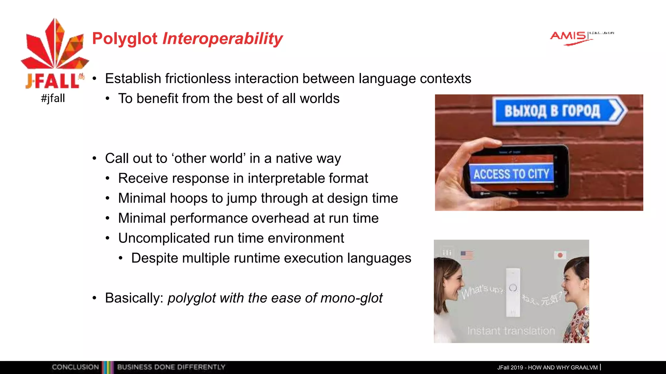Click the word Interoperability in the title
(x=222, y=38)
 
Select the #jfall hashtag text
(x=53, y=98)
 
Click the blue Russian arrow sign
(x=559, y=111)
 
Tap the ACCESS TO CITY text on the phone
(x=511, y=174)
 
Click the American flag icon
(x=467, y=255)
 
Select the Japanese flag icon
(x=560, y=255)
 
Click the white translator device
(x=513, y=292)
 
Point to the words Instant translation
(x=511, y=331)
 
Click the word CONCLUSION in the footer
(x=75, y=367)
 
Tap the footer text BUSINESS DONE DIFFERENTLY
(x=171, y=367)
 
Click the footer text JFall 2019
(x=510, y=368)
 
